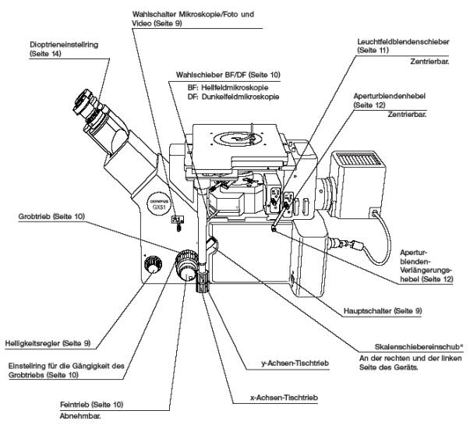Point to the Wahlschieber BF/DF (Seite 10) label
225,74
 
